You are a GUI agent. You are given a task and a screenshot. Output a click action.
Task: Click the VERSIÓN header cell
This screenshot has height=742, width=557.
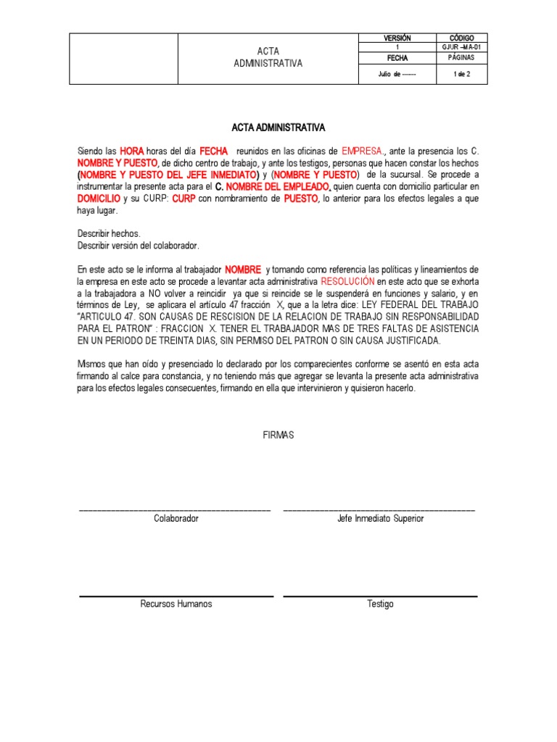(396, 38)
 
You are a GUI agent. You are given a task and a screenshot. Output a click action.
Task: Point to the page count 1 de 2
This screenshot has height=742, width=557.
(461, 74)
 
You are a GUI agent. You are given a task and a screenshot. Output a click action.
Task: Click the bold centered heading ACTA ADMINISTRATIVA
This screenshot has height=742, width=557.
(278, 128)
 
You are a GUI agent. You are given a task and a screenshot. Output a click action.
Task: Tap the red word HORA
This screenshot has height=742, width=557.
(131, 151)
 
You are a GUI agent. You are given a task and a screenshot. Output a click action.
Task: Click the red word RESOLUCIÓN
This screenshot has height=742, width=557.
(347, 280)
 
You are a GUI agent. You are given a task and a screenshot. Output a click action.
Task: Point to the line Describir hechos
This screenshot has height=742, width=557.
(109, 233)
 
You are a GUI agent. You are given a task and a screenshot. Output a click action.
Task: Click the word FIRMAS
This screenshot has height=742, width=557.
(278, 435)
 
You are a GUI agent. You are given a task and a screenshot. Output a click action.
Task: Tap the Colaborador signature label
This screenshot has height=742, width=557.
(176, 519)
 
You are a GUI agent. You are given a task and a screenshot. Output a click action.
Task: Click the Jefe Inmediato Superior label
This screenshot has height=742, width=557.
(381, 519)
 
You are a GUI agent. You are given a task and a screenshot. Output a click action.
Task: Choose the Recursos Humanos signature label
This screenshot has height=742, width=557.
(176, 604)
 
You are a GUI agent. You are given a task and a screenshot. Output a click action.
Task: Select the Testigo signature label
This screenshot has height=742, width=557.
(381, 604)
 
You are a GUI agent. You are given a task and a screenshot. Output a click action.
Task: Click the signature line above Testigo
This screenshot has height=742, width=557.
(381, 596)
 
